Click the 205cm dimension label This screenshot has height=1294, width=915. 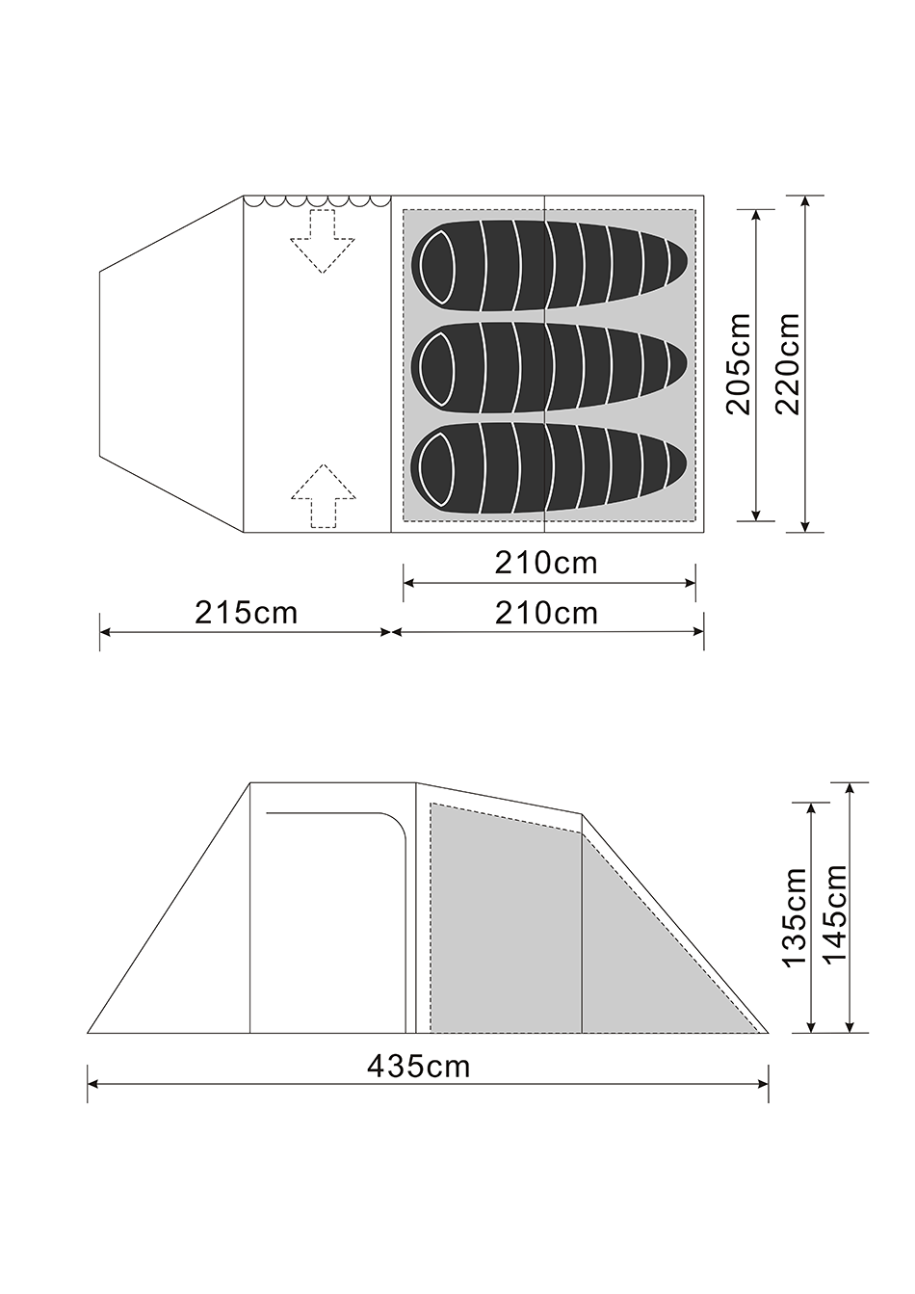(x=739, y=364)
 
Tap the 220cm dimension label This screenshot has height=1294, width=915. (x=788, y=364)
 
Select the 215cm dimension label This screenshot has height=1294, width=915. (x=246, y=613)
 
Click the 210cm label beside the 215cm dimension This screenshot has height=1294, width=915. (x=546, y=613)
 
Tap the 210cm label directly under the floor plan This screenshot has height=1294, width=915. (x=546, y=564)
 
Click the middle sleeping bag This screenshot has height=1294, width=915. (x=549, y=369)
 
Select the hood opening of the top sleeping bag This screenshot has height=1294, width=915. (x=437, y=268)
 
